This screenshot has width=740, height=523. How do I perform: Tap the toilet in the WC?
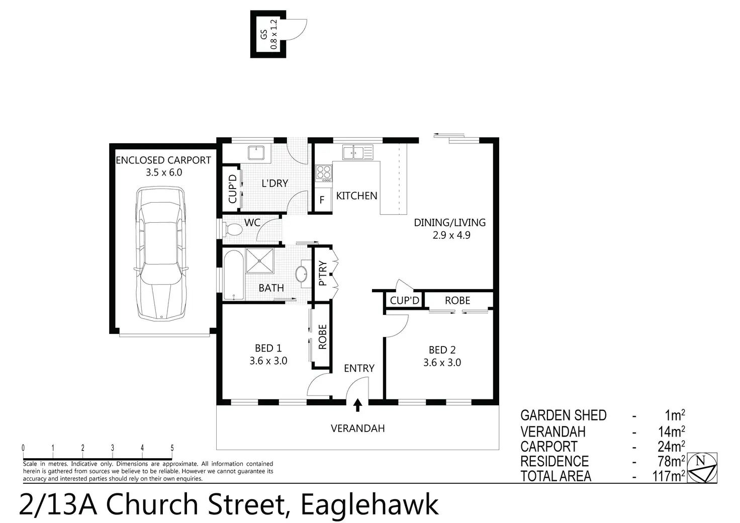click(233, 230)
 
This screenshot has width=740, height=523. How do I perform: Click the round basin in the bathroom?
click(302, 275)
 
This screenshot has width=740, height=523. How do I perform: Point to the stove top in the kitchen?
click(324, 173)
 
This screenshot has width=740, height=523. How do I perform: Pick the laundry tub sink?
click(258, 151)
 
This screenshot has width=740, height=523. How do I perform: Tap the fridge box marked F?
click(322, 200)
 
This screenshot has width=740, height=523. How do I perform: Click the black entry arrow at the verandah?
click(357, 405)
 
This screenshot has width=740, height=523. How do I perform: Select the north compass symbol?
click(703, 468)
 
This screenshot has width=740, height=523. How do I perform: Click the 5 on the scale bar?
click(172, 448)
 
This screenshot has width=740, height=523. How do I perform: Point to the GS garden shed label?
click(264, 34)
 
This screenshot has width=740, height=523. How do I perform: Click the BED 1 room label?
click(268, 348)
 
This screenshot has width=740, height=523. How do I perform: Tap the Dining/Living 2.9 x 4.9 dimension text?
click(451, 235)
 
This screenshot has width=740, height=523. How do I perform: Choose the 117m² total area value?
click(668, 476)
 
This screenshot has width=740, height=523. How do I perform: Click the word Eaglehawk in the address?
click(368, 505)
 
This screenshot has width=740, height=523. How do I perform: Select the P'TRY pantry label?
click(323, 273)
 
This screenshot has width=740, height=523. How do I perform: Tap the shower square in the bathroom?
click(260, 261)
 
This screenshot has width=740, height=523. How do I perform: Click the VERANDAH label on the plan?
click(357, 428)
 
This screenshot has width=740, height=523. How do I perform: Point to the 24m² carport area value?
click(670, 447)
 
